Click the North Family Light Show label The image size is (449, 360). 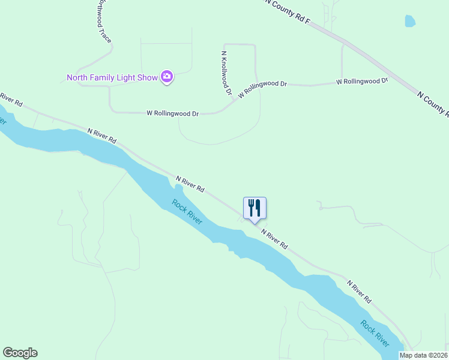(x=112, y=77)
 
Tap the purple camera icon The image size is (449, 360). (x=167, y=77)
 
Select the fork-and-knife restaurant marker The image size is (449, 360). (x=255, y=208)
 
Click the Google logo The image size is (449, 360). (x=20, y=353)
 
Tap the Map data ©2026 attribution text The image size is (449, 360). (x=424, y=355)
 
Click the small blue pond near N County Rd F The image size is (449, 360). (x=410, y=22)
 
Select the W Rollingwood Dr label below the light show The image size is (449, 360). (x=172, y=113)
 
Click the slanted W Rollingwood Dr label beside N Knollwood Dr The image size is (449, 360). (x=263, y=88)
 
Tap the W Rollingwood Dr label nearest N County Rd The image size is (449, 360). (x=361, y=80)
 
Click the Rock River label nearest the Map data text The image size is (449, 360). (x=375, y=333)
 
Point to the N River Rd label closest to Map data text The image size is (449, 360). (x=359, y=291)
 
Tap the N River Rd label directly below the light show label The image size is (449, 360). (x=101, y=135)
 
